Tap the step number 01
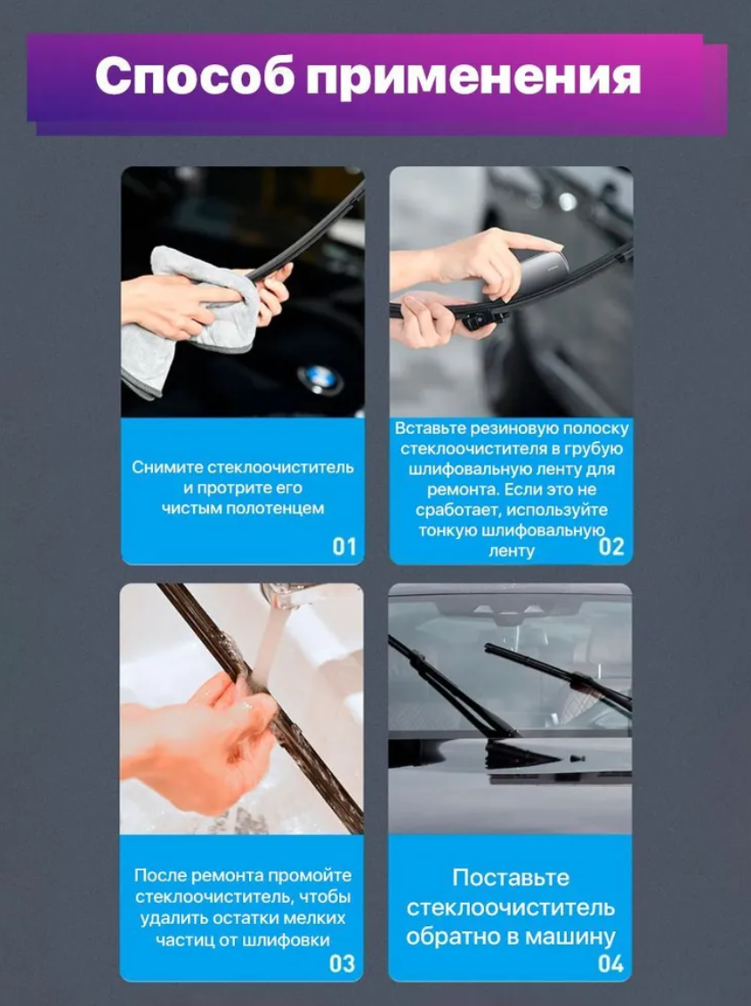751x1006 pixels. click(344, 547)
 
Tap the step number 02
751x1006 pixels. click(611, 547)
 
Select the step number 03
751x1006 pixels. click(342, 963)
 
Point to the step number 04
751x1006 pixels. click(610, 963)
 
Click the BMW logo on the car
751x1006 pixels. click(319, 379)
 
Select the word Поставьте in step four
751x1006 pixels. click(511, 878)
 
